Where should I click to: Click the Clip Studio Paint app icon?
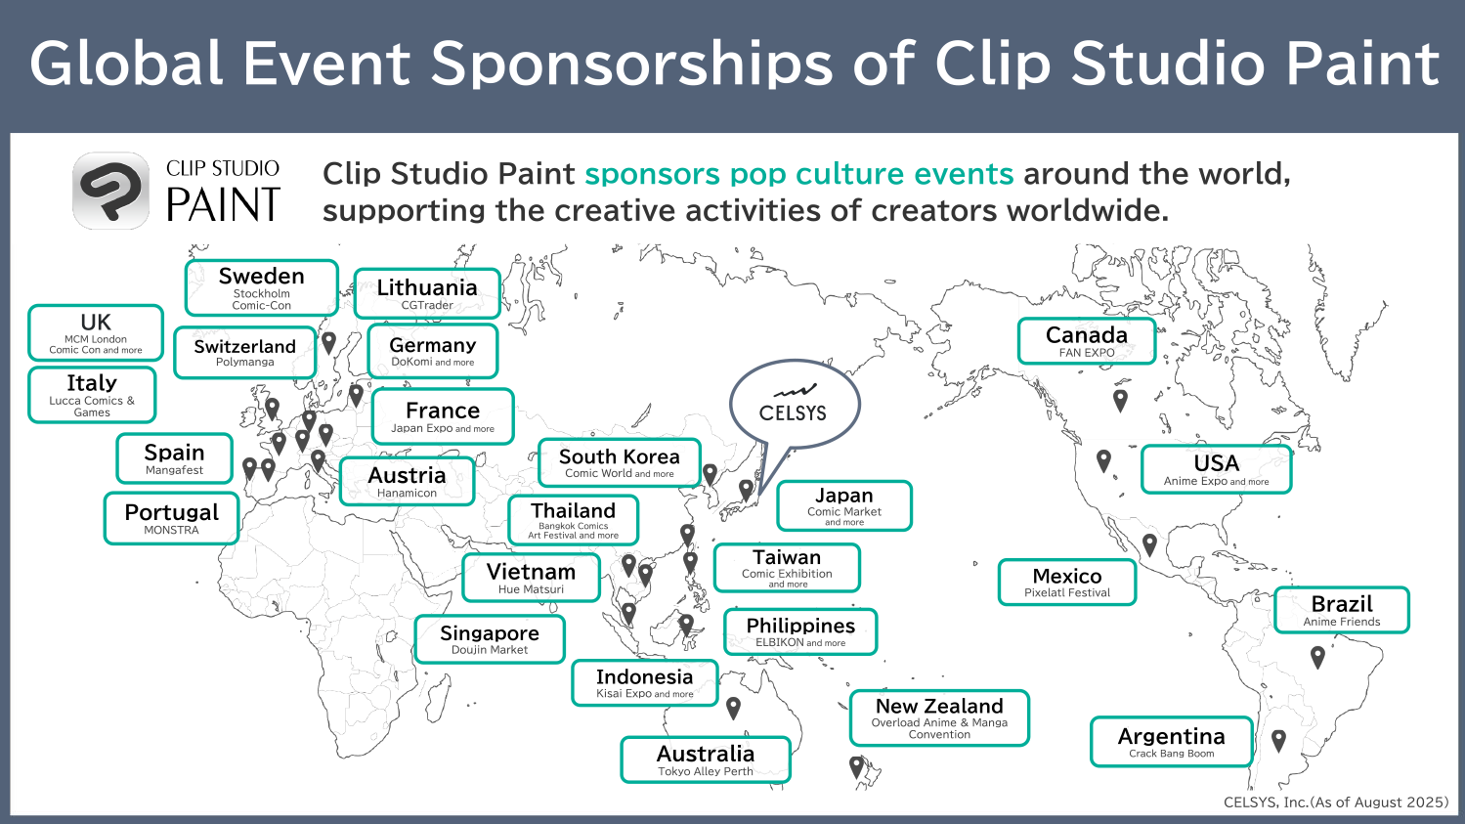click(111, 191)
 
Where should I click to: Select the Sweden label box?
click(262, 287)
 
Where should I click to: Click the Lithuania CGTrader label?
click(427, 293)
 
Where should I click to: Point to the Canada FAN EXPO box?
click(1087, 341)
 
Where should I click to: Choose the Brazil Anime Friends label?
click(1342, 610)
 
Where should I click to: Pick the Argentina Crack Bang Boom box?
click(1172, 742)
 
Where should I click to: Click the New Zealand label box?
click(939, 718)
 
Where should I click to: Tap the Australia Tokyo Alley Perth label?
click(706, 759)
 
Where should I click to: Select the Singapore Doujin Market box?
click(490, 639)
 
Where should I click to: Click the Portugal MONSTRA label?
click(171, 519)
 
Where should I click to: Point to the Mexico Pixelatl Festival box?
click(1066, 582)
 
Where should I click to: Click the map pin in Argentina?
click(1278, 740)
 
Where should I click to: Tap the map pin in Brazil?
click(1317, 657)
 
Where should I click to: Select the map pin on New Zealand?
click(856, 766)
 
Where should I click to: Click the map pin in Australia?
click(733, 708)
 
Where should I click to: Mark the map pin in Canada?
click(1120, 400)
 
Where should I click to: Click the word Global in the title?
click(125, 64)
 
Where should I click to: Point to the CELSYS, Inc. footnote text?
click(1336, 802)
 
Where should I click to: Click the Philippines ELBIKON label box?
click(800, 631)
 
